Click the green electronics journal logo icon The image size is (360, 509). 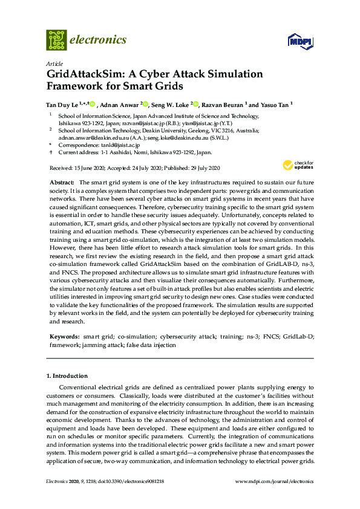pos(56,40)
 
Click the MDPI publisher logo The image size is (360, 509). pos(299,42)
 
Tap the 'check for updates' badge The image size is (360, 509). pos(295,165)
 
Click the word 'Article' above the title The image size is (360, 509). pos(53,63)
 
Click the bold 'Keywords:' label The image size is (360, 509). pos(64,335)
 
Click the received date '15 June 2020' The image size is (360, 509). pos(93,167)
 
